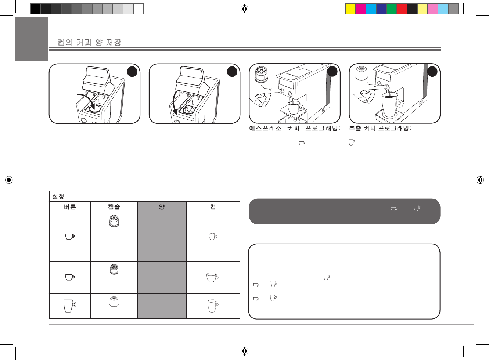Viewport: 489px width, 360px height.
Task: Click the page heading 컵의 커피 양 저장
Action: tap(89, 43)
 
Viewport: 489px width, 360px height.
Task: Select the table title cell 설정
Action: tap(58, 197)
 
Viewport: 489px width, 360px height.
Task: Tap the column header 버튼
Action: tap(70, 207)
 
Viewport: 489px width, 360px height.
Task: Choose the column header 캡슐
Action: tap(114, 207)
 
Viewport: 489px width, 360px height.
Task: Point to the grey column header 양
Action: tap(162, 207)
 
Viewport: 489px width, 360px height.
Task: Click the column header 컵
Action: tap(213, 207)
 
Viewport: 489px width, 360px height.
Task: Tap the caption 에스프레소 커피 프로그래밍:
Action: tap(295, 129)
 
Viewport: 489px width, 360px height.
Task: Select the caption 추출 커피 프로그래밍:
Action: tap(380, 129)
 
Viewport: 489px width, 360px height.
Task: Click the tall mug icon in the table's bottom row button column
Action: tap(69, 306)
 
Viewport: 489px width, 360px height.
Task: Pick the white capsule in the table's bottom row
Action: tap(114, 302)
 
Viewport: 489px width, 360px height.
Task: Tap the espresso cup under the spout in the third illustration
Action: tap(294, 108)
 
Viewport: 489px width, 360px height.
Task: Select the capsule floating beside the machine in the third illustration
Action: tap(261, 75)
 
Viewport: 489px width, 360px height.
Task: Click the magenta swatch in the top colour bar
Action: tap(361, 9)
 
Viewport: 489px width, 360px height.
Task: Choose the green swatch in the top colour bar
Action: tap(392, 9)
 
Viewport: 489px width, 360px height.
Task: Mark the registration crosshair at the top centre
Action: tap(244, 9)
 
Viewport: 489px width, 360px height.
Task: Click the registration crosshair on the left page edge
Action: tap(9, 180)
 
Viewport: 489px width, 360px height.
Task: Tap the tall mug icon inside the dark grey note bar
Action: tap(417, 208)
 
